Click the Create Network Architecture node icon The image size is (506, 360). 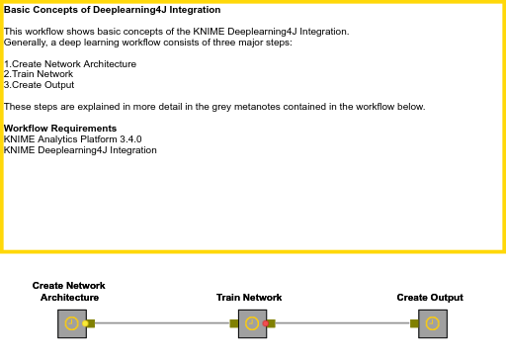71,323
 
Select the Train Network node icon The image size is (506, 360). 252,323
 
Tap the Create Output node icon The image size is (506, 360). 431,323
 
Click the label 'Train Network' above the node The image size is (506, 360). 249,298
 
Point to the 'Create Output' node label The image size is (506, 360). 430,298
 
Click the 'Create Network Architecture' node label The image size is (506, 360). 69,292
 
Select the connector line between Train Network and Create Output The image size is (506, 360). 341,323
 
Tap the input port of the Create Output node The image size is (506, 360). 414,323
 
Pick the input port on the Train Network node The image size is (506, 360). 234,323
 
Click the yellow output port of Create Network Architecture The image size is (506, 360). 87,323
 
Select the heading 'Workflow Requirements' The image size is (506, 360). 60,129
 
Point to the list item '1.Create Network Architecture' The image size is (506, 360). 70,64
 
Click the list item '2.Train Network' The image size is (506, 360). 39,74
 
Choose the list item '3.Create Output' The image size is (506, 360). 40,85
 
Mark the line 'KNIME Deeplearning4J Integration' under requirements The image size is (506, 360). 80,150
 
